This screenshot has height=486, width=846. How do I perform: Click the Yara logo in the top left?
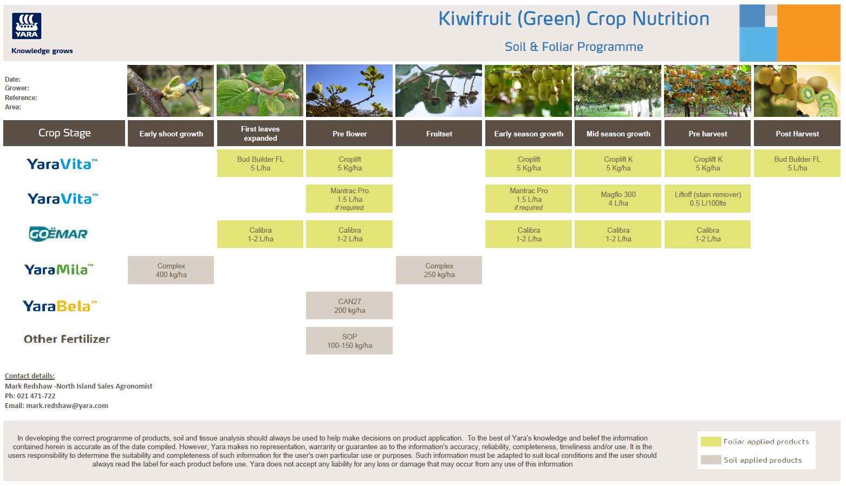[27, 26]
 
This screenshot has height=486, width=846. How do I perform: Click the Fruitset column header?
[439, 134]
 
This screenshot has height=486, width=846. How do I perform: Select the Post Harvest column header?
[797, 134]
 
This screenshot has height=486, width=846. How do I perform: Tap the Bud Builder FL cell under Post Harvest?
[797, 163]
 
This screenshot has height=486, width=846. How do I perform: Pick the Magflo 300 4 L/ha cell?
[618, 199]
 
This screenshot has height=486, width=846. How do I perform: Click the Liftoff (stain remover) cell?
[707, 199]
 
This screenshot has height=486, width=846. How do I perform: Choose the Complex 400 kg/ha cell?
[171, 270]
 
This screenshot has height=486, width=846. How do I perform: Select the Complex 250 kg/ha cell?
[439, 270]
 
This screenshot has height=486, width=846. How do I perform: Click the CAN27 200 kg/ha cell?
[349, 306]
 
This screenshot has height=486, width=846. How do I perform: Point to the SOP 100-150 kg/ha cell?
[349, 341]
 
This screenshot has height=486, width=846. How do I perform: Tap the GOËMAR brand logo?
[58, 234]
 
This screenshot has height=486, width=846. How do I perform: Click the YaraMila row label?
[59, 270]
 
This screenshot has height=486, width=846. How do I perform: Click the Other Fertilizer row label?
[67, 339]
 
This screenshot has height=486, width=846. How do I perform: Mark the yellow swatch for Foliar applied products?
[711, 442]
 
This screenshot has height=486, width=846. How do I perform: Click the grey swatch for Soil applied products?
[711, 460]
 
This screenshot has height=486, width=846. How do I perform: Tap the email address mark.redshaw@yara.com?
[67, 406]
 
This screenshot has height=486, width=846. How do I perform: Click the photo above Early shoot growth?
[171, 91]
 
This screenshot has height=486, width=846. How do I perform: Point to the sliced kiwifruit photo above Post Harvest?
[797, 91]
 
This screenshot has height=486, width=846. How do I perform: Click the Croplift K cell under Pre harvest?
[707, 163]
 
